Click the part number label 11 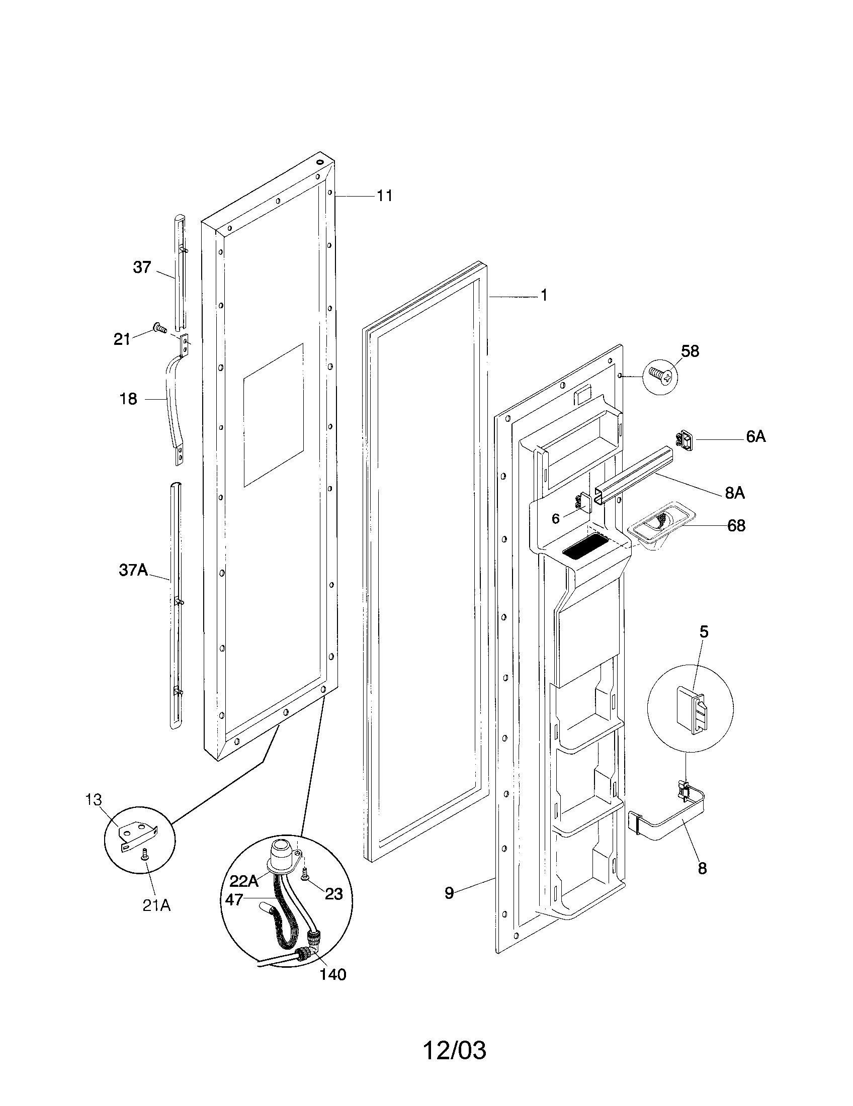[x=384, y=196]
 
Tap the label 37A [x=133, y=570]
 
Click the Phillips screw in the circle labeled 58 [x=660, y=376]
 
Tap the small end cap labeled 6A [x=686, y=439]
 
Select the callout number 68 [x=736, y=526]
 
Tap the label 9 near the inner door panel [x=449, y=893]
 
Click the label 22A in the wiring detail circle [x=244, y=881]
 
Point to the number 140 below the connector [x=333, y=974]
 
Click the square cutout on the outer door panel [x=273, y=415]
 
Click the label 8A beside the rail [x=734, y=493]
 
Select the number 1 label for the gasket [x=544, y=296]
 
